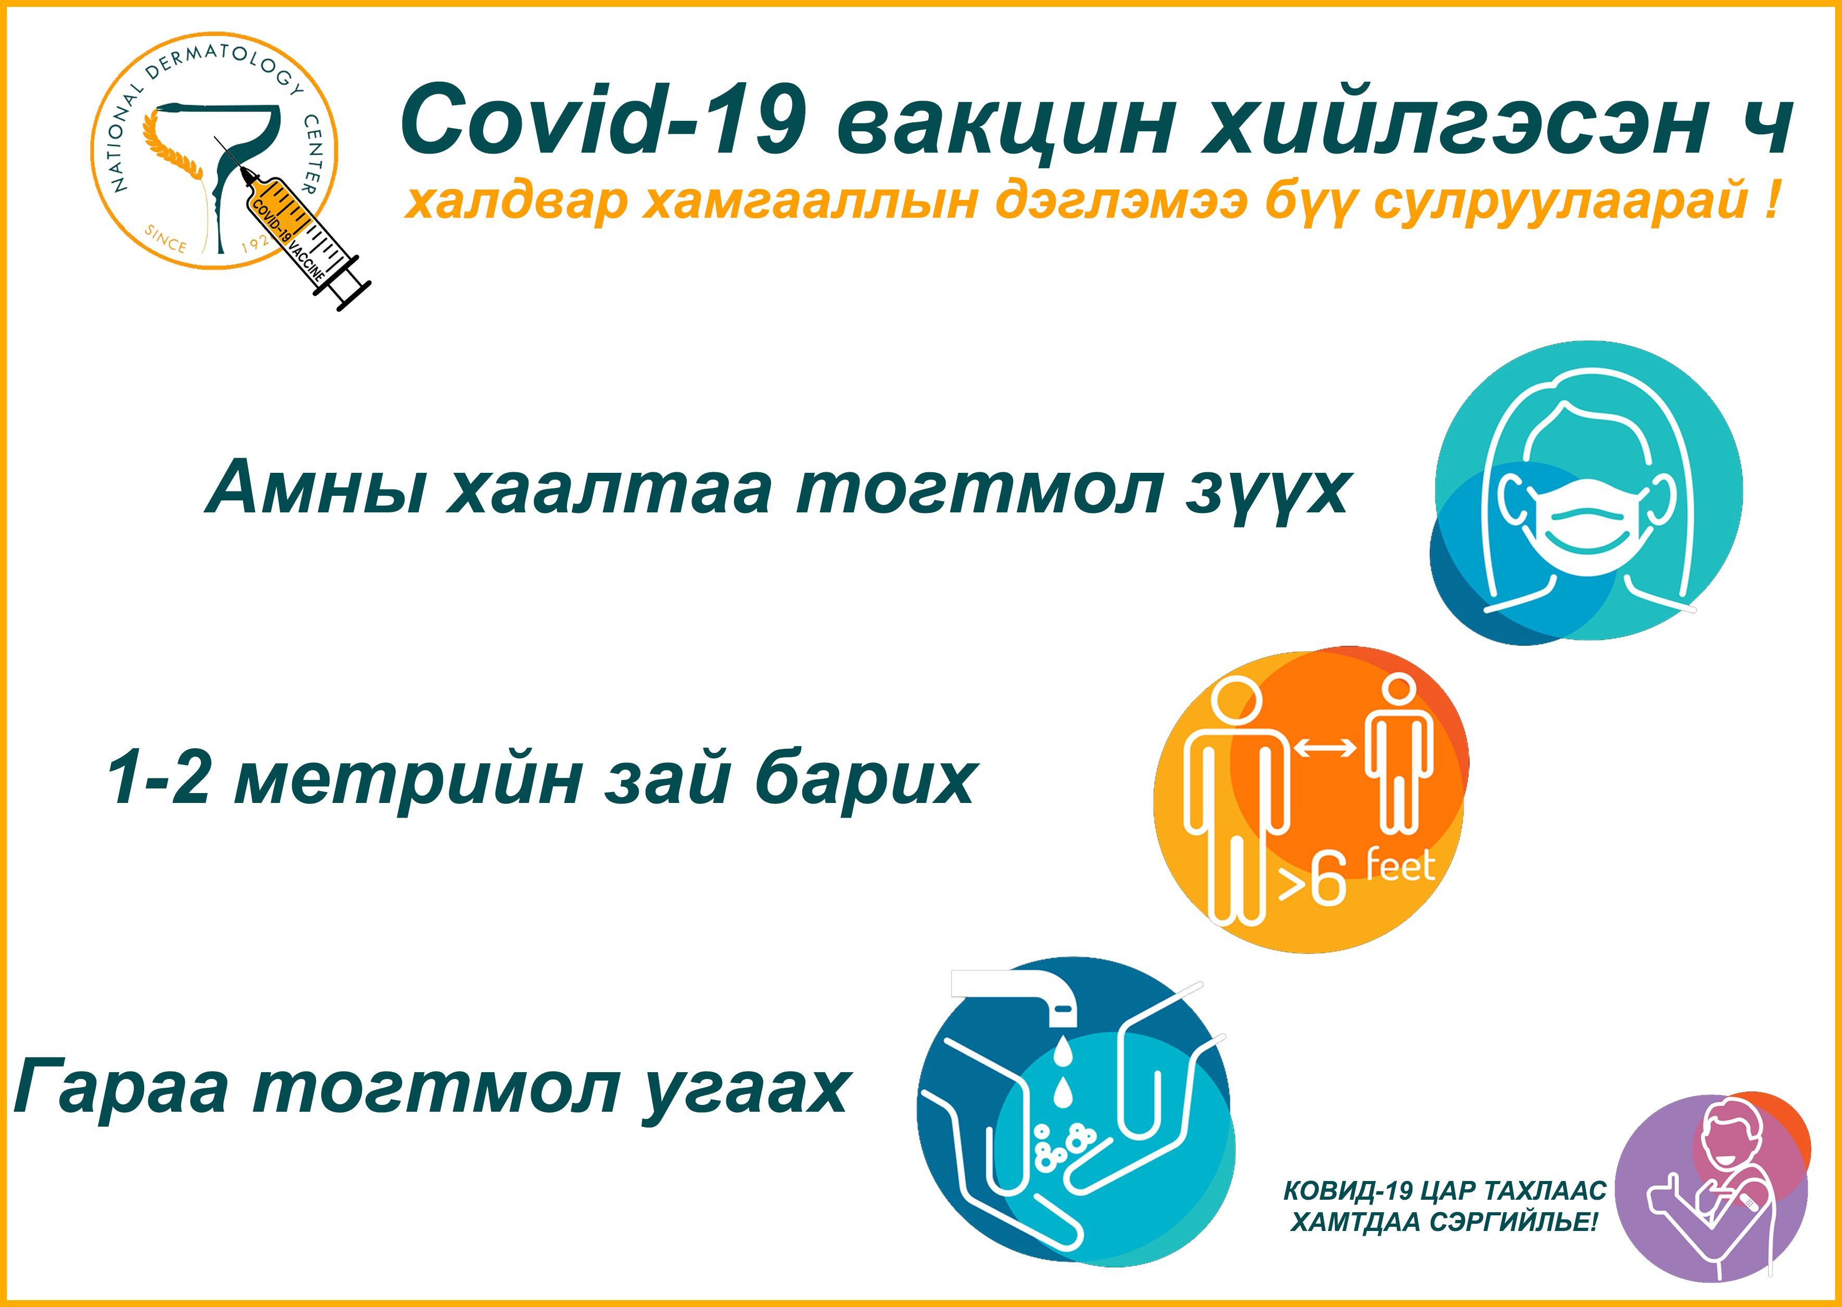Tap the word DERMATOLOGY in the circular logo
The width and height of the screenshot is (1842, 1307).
(217, 66)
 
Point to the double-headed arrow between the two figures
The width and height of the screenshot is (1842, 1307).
(1324, 748)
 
